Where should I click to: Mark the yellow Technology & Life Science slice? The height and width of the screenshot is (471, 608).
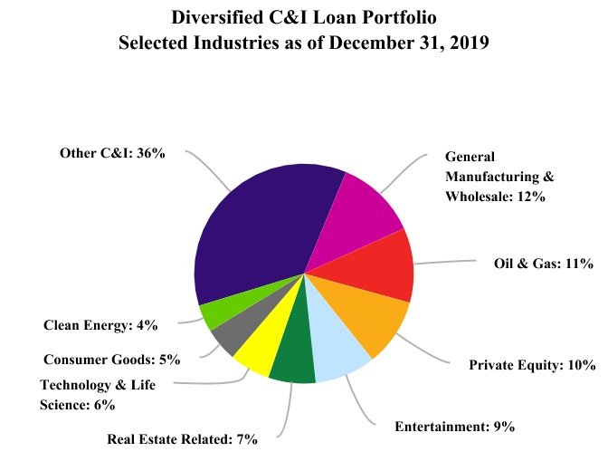[257, 349]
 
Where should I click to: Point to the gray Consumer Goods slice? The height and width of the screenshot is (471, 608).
[232, 333]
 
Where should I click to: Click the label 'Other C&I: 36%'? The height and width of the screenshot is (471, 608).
[112, 153]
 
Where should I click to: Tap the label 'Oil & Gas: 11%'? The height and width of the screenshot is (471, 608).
[543, 264]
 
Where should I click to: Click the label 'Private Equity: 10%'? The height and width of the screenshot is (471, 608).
[532, 365]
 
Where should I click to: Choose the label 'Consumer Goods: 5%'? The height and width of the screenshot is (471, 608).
[105, 358]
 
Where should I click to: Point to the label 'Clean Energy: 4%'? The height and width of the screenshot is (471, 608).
[100, 323]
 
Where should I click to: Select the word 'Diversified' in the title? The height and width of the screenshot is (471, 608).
[217, 15]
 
